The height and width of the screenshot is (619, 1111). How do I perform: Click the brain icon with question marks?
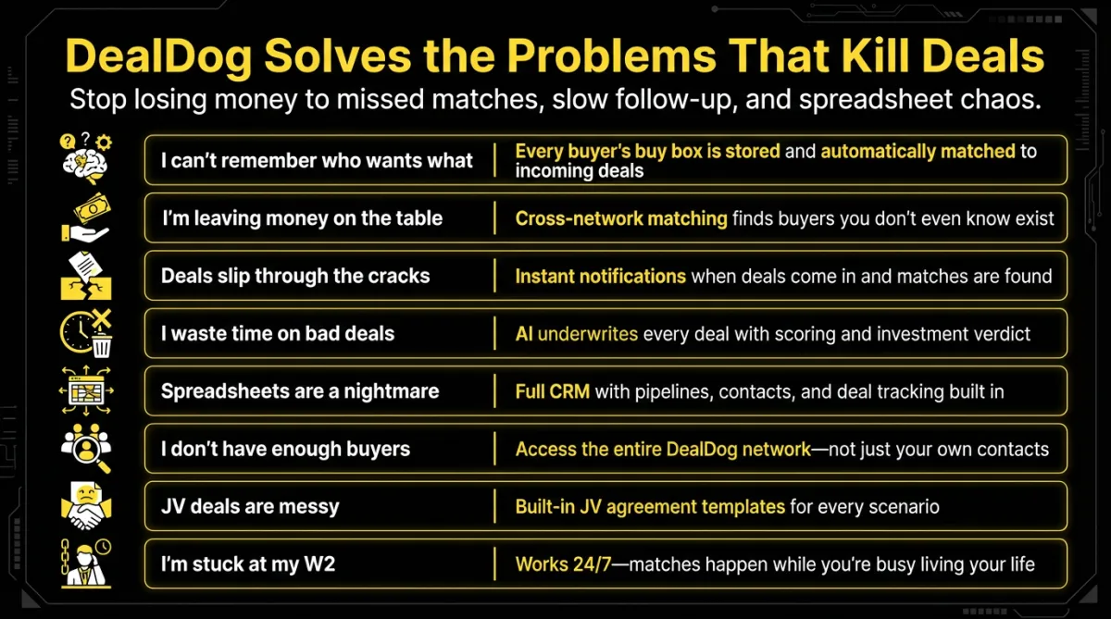coord(86,158)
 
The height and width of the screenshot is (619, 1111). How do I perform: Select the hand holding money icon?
coord(86,217)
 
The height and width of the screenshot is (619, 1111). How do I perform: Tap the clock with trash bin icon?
coord(86,333)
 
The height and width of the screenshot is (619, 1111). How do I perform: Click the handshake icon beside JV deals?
coord(86,506)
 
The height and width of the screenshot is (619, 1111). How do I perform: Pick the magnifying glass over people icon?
coord(86,449)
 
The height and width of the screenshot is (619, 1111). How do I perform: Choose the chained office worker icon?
coord(86,563)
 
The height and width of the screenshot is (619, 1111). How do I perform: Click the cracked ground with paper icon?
coord(86,276)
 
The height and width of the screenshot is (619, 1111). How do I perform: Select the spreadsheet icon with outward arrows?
coord(86,390)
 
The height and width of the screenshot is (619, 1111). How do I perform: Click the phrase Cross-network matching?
coord(621,218)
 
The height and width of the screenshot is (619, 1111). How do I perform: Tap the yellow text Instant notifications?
coord(600,276)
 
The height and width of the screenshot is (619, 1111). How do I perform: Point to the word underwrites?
coord(588,334)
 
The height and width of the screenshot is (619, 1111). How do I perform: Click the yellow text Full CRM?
coord(553,391)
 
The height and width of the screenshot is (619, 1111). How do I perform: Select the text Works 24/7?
coord(564,564)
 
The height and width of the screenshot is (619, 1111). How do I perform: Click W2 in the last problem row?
coord(319,564)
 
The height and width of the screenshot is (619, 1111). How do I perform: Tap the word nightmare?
coord(392,391)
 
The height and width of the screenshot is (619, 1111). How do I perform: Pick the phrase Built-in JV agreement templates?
coord(650,507)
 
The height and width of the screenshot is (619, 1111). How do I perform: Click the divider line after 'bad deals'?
coord(494,333)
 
